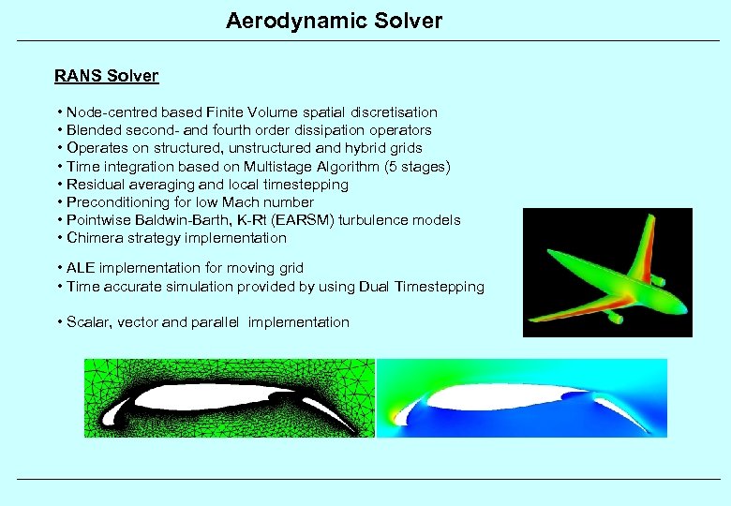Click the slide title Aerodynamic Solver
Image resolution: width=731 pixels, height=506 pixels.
(334, 20)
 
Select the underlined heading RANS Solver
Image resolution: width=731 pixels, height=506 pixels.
(106, 76)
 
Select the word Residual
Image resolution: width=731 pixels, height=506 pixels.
(94, 185)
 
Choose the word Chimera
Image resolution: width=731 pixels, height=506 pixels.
(94, 238)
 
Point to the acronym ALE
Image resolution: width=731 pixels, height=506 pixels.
(81, 268)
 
